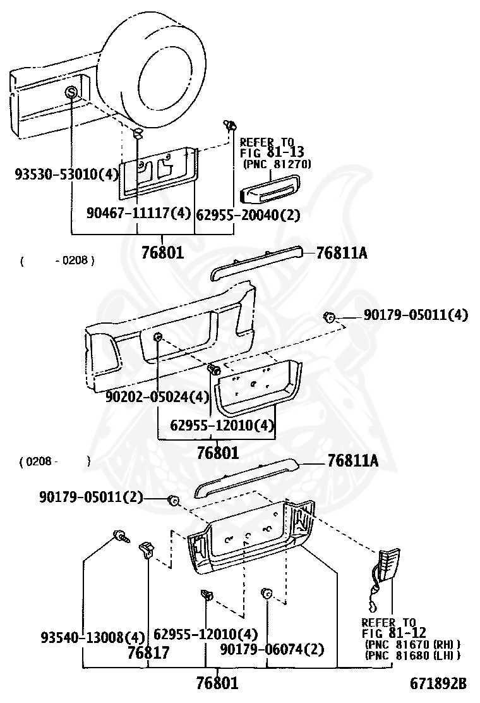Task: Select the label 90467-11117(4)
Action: click(138, 214)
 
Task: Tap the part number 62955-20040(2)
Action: click(248, 214)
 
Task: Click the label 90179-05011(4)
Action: click(416, 315)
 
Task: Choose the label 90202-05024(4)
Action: click(157, 397)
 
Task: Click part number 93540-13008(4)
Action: click(93, 636)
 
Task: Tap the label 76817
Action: click(148, 652)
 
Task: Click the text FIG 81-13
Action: click(272, 152)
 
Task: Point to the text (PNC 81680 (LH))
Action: click(412, 656)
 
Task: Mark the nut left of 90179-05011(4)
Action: click(328, 317)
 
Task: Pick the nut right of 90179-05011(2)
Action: click(171, 501)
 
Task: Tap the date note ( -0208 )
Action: click(57, 260)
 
